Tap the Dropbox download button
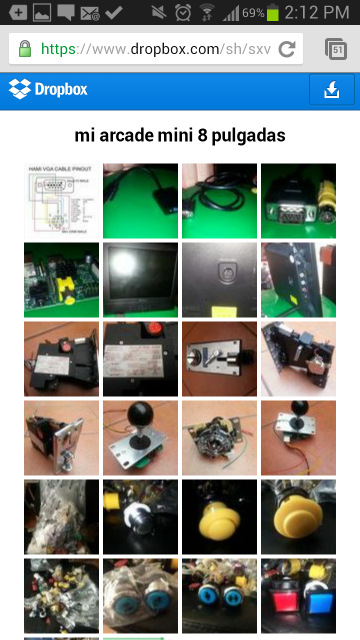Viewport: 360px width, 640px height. [x=332, y=90]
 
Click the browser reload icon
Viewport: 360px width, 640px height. [x=287, y=49]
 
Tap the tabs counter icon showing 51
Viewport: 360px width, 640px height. [x=335, y=49]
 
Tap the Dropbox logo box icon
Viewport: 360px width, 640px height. [x=19, y=89]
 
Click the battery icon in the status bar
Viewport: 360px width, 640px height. [x=274, y=13]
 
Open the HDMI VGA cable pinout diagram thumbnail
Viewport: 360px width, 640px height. [x=61, y=200]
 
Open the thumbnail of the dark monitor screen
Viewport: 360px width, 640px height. [x=140, y=279]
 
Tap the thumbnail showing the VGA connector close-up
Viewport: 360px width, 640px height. [x=298, y=200]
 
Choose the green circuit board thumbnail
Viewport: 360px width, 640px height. [x=61, y=279]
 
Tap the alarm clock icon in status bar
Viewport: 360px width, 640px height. [x=183, y=13]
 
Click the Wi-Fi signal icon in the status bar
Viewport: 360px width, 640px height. [x=208, y=13]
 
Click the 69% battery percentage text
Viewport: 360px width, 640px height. [x=253, y=14]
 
